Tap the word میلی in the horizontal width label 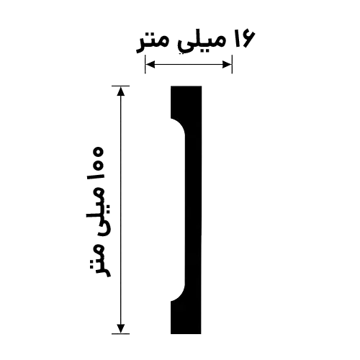click(199, 41)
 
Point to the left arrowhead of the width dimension click(150, 64)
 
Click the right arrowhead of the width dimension click(227, 64)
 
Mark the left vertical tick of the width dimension click(145, 64)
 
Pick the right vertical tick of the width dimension click(232, 64)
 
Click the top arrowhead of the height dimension click(121, 91)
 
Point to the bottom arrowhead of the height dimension click(121, 328)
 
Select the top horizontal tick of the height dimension click(121, 86)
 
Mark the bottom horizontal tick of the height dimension click(121, 333)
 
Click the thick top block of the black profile click(186, 102)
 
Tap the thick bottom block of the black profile click(186, 318)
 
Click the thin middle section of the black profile click(193, 210)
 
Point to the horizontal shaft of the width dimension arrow click(189, 64)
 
